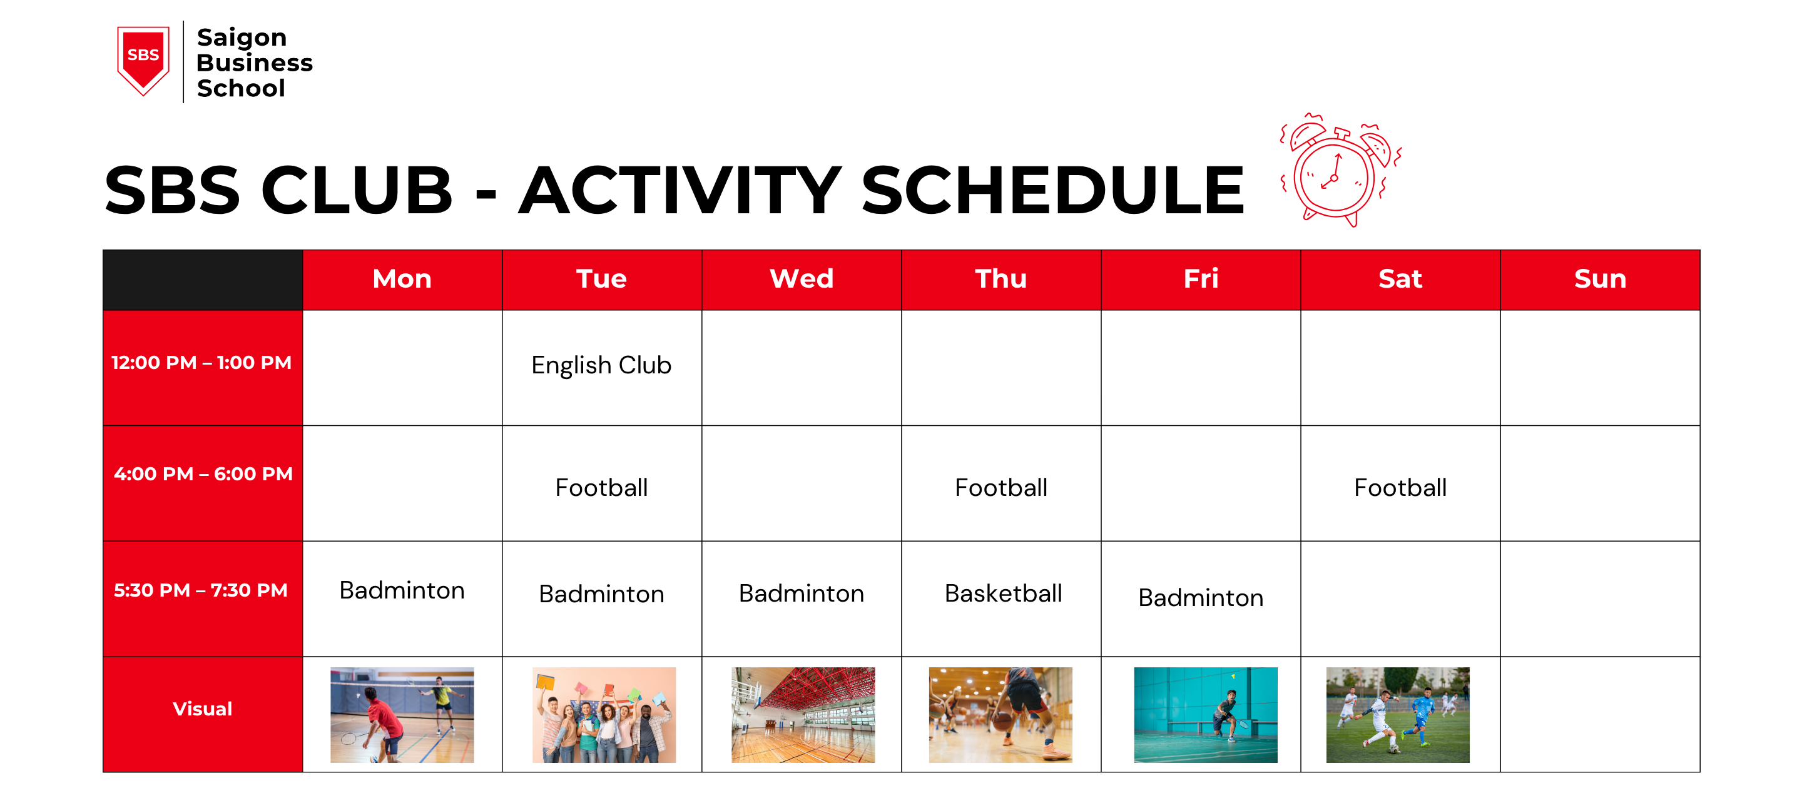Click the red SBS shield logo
point(143,59)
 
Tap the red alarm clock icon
point(1338,171)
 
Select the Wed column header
point(801,279)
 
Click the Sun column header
point(1599,279)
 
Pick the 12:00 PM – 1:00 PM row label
point(201,363)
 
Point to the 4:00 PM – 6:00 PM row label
point(203,474)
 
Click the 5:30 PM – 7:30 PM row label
point(201,590)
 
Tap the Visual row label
point(202,709)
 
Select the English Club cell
point(601,366)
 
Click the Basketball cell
point(1002,593)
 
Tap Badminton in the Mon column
point(402,591)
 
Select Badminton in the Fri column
point(1201,598)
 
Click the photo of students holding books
point(604,715)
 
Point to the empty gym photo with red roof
point(802,715)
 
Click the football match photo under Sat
point(1397,715)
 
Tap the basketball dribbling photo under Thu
point(1000,715)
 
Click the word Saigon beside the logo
point(242,37)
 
